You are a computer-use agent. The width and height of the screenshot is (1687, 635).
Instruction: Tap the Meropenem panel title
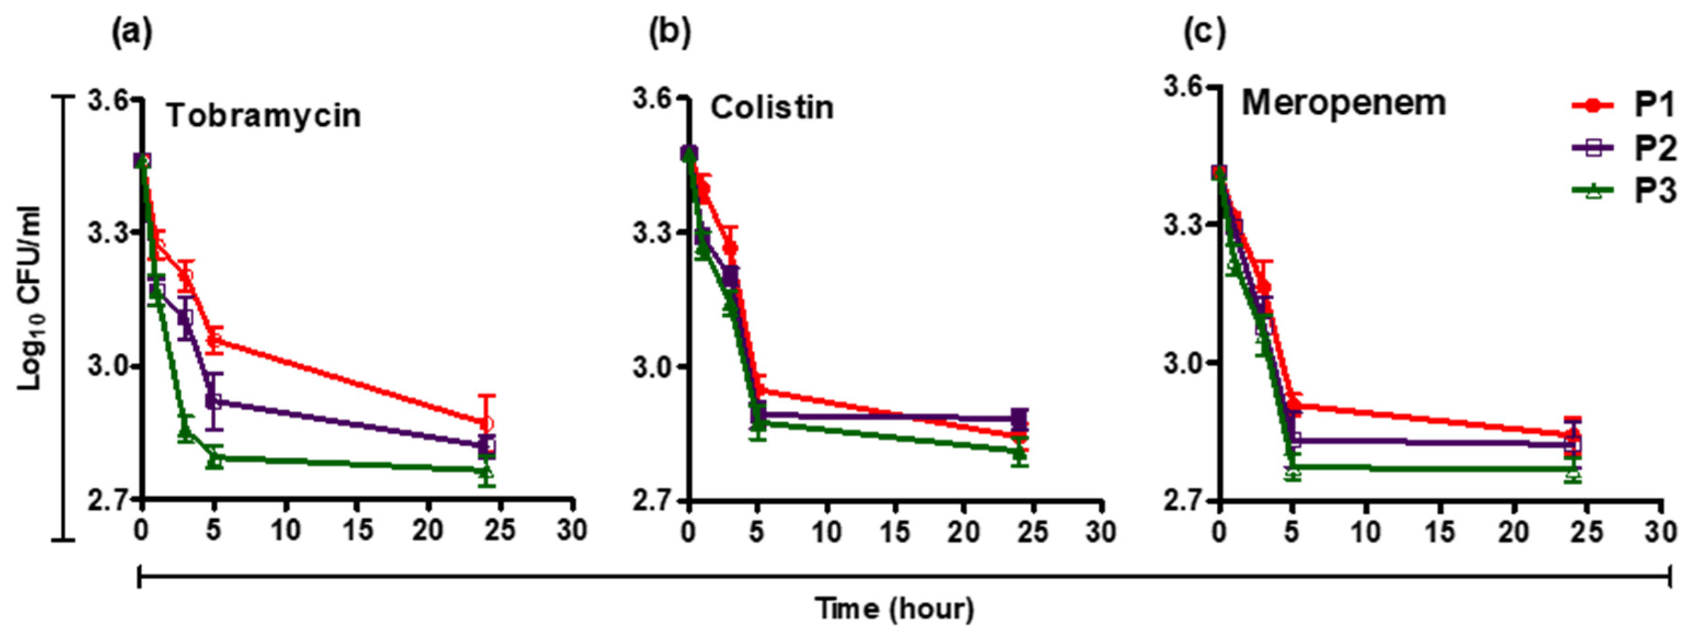click(1344, 103)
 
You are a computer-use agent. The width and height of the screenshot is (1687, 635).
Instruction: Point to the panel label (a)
click(132, 33)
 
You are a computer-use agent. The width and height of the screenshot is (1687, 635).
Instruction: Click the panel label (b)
click(669, 33)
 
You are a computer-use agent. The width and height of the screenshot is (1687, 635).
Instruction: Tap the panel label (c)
click(1205, 33)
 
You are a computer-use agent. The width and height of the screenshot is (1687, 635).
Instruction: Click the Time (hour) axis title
click(895, 609)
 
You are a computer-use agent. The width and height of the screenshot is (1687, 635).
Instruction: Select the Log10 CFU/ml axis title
click(29, 298)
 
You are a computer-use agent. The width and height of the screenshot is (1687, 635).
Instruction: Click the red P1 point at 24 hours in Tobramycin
click(486, 423)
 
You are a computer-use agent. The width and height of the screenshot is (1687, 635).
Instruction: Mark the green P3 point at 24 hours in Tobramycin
click(486, 471)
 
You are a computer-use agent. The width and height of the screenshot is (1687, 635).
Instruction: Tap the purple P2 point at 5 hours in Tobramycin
click(214, 401)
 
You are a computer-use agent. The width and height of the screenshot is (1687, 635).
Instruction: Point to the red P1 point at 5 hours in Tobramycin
click(214, 339)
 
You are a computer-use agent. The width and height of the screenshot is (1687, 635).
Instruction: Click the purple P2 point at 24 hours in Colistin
click(1019, 418)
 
